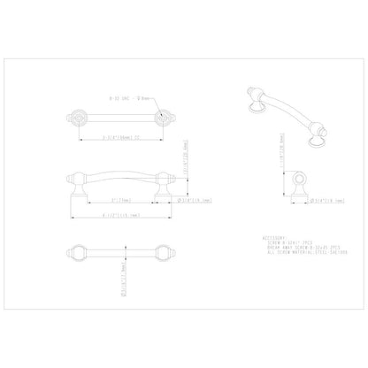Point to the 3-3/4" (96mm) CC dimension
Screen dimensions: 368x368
click(x=119, y=137)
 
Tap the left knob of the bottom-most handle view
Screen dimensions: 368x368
click(x=77, y=250)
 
